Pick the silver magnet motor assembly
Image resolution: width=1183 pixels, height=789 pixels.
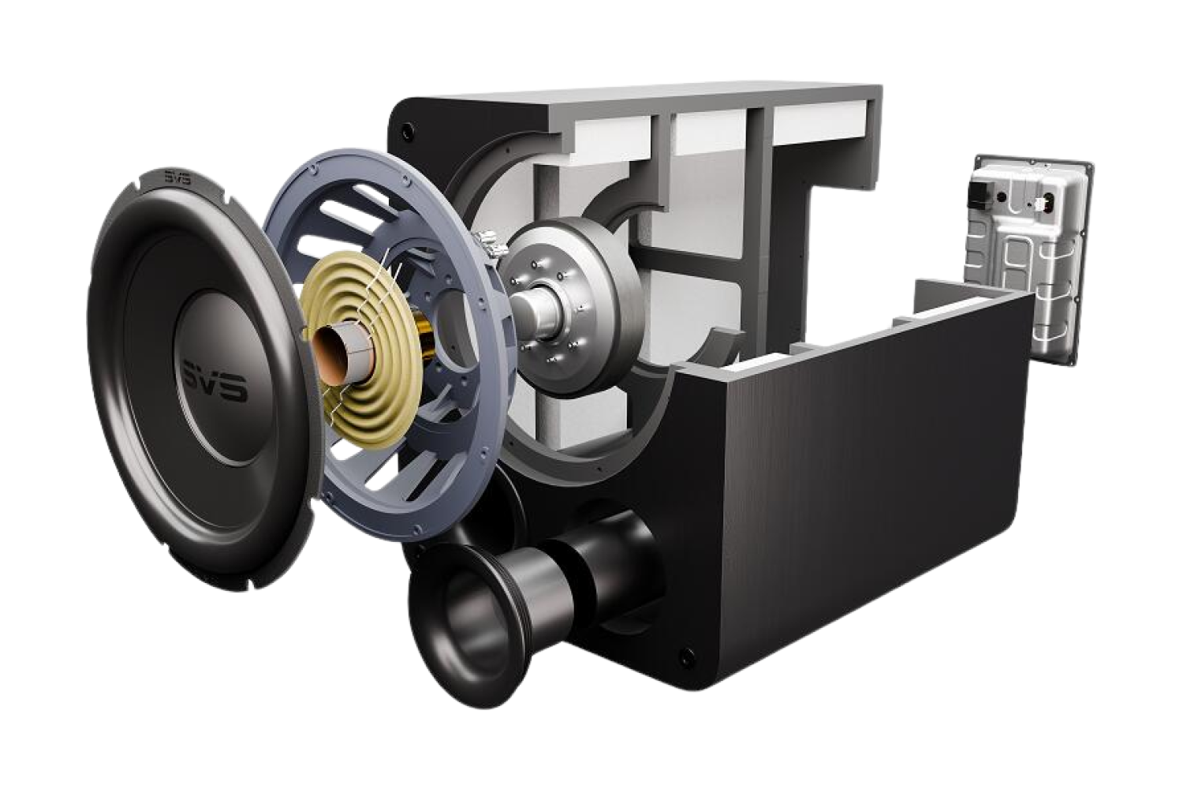[x=584, y=308]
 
